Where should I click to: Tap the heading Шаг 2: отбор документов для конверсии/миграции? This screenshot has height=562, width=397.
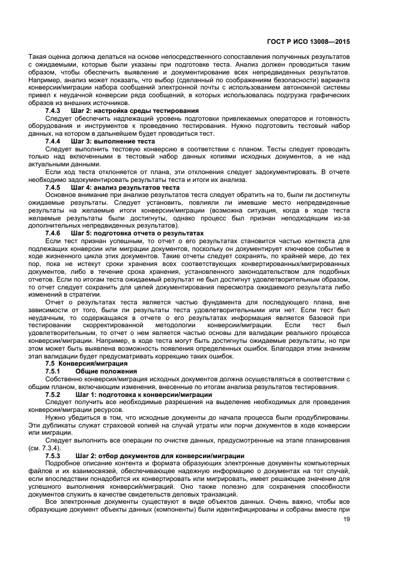153,456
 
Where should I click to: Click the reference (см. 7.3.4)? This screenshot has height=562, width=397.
44,449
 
